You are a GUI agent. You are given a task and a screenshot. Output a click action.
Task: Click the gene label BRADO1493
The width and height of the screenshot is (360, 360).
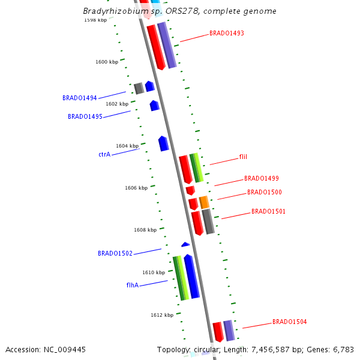pyautogui.click(x=226, y=33)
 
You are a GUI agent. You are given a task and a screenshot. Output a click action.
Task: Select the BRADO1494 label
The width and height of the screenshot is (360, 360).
pyautogui.click(x=79, y=98)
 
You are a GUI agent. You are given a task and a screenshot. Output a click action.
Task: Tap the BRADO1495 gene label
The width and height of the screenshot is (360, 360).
pyautogui.click(x=85, y=116)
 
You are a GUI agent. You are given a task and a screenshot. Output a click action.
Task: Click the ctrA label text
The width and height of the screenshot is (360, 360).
pyautogui.click(x=104, y=154)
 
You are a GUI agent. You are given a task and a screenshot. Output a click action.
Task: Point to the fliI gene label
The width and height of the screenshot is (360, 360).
pyautogui.click(x=243, y=157)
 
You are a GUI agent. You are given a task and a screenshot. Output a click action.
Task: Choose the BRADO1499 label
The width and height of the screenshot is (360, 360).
pyautogui.click(x=261, y=178)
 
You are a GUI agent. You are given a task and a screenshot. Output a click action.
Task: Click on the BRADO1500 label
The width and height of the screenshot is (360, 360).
pyautogui.click(x=264, y=192)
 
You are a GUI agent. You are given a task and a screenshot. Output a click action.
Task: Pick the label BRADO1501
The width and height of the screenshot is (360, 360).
pyautogui.click(x=268, y=211)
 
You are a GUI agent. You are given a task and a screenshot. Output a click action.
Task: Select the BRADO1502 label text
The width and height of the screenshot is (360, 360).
pyautogui.click(x=115, y=253)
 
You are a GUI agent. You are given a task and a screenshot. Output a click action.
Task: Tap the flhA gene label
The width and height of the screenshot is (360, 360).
pyautogui.click(x=133, y=285)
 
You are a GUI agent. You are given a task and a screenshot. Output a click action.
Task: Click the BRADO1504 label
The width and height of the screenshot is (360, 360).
pyautogui.click(x=289, y=322)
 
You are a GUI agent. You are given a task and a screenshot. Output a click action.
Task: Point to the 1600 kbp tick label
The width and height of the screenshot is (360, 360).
pyautogui.click(x=107, y=62)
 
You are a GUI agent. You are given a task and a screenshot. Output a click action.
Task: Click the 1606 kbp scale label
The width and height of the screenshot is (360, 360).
pyautogui.click(x=136, y=188)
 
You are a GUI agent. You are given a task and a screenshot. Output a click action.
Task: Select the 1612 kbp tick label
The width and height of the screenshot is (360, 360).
pyautogui.click(x=162, y=315)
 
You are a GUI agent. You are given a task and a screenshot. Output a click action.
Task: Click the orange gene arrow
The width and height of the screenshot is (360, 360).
pyautogui.click(x=204, y=202)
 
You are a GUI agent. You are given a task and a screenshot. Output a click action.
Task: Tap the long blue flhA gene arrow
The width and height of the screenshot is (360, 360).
pyautogui.click(x=191, y=276)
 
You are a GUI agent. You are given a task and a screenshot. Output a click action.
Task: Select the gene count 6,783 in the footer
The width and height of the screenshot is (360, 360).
pyautogui.click(x=343, y=349)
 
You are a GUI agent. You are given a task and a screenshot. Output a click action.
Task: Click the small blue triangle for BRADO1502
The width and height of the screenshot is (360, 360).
pyautogui.click(x=185, y=244)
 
